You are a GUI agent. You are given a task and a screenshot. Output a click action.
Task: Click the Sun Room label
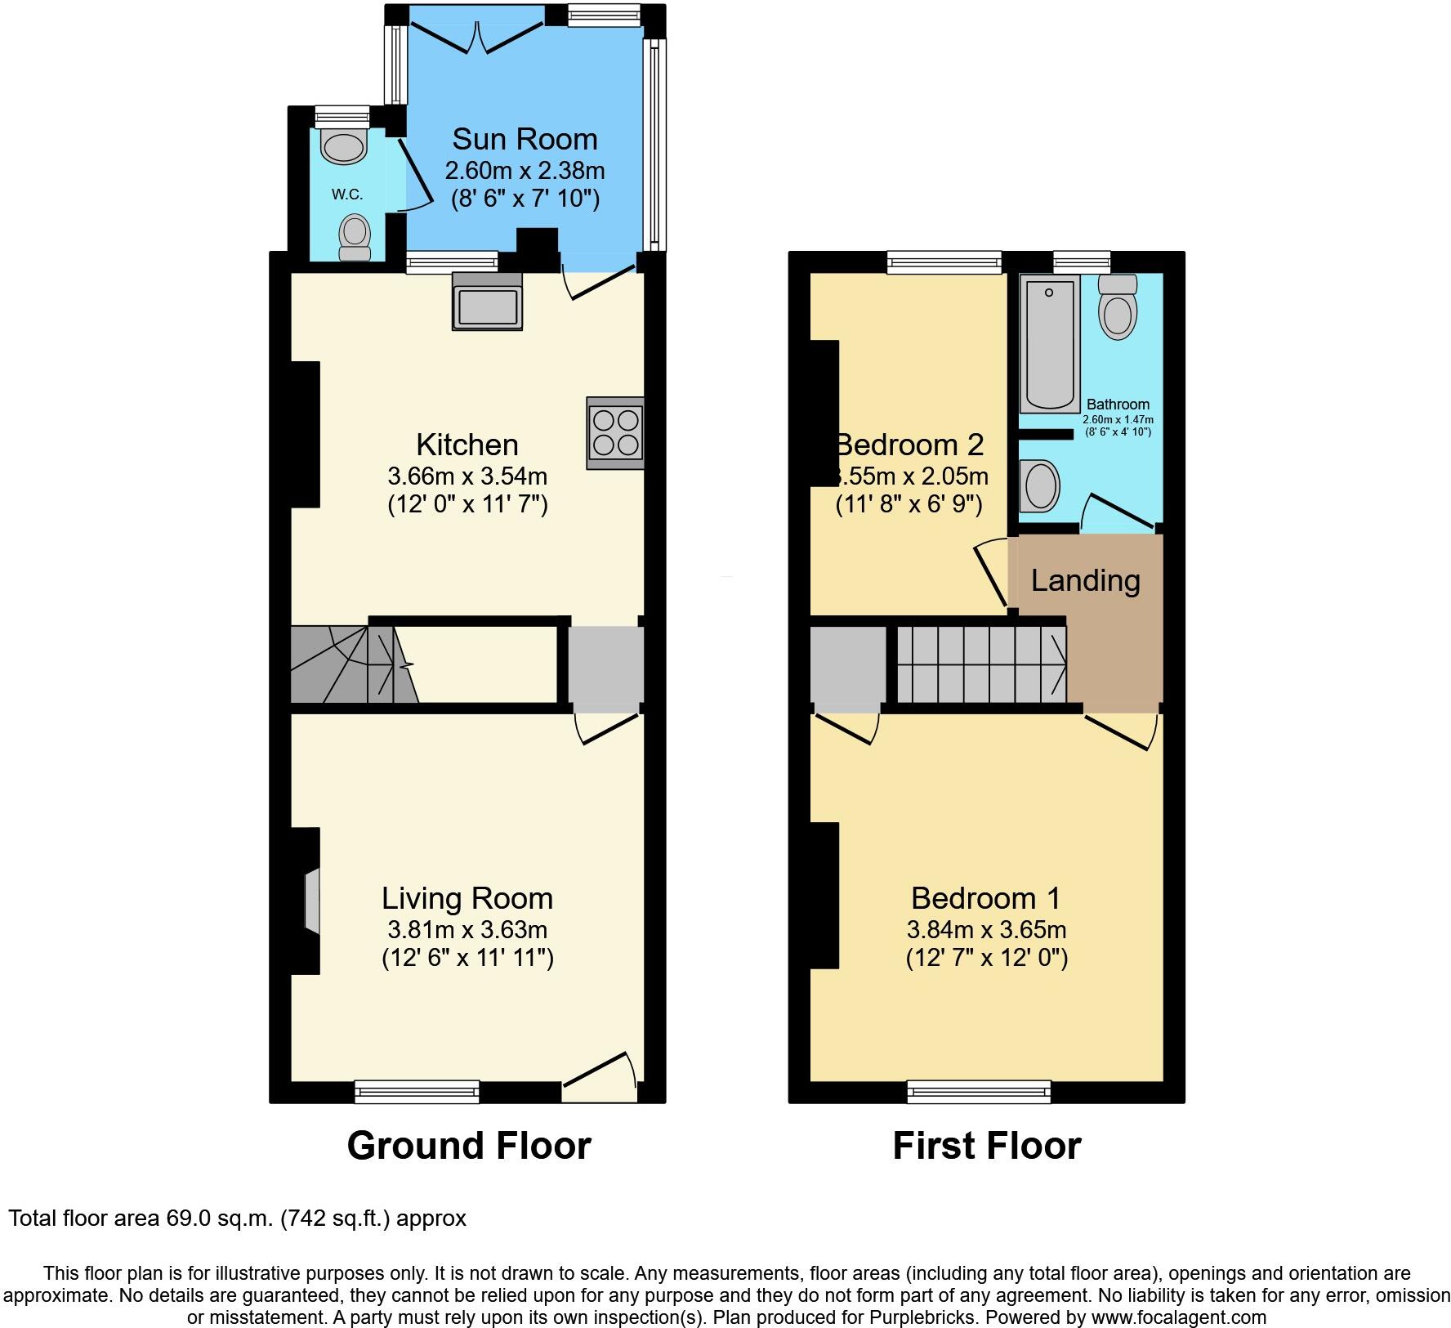coord(525,139)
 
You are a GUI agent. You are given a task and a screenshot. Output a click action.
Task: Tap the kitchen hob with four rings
coord(615,432)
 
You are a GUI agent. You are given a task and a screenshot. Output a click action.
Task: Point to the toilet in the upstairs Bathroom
coord(1118,307)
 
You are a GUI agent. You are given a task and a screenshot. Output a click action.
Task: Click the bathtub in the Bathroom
coord(1049,343)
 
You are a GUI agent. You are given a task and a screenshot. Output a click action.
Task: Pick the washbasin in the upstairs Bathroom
coord(1039,485)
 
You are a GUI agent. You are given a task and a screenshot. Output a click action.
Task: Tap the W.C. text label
coord(347,195)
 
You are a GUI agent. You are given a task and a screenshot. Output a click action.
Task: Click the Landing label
coord(1085,580)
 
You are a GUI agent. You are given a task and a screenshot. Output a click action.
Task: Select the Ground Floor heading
coord(469,1146)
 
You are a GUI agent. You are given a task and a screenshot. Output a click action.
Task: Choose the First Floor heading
coord(987,1146)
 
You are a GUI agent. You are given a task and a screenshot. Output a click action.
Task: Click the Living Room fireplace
coord(311,901)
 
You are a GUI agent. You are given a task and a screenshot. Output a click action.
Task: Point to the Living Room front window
coord(417,1091)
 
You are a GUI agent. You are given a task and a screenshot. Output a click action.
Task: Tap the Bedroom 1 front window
coord(979,1091)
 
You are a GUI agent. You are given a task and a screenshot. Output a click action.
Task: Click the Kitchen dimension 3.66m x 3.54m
coord(467,476)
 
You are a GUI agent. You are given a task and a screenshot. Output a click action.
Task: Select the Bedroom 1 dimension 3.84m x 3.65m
coord(986,929)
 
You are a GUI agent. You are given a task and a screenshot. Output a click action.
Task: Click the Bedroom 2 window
coord(944,262)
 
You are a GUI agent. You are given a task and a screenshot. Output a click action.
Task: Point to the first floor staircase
coord(981,664)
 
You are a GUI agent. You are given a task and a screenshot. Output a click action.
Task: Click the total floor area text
coord(237,1218)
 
